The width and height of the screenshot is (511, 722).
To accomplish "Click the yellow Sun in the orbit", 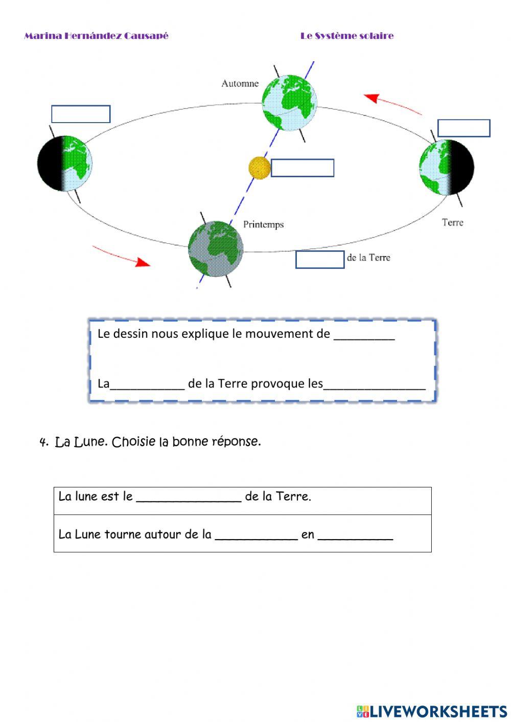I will [259, 168].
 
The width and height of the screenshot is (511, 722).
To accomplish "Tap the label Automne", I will [240, 83].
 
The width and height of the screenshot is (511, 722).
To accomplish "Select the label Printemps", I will [263, 224].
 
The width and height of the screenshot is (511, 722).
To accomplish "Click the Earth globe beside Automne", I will [289, 102].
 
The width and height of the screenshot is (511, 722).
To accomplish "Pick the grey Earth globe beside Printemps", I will [215, 249].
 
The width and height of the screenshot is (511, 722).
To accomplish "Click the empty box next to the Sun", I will [302, 168].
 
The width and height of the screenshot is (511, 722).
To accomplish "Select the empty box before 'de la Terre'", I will [319, 260].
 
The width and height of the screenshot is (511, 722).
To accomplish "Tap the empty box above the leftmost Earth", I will [81, 114].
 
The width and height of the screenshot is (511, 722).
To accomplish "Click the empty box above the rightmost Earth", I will [463, 128].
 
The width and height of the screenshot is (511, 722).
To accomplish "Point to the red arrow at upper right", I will [392, 104].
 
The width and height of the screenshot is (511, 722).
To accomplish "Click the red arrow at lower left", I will [122, 256].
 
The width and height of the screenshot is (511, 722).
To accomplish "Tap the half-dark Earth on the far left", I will [65, 164].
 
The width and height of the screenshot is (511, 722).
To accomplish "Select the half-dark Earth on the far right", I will [446, 167].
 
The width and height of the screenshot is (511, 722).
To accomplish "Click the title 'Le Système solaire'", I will [347, 36].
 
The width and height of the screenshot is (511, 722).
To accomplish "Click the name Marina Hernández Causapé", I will [96, 36].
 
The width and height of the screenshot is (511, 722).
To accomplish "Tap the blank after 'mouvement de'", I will [364, 335].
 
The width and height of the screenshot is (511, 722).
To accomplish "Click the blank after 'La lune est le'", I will [189, 497].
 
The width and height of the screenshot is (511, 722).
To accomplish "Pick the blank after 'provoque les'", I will [374, 385].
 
